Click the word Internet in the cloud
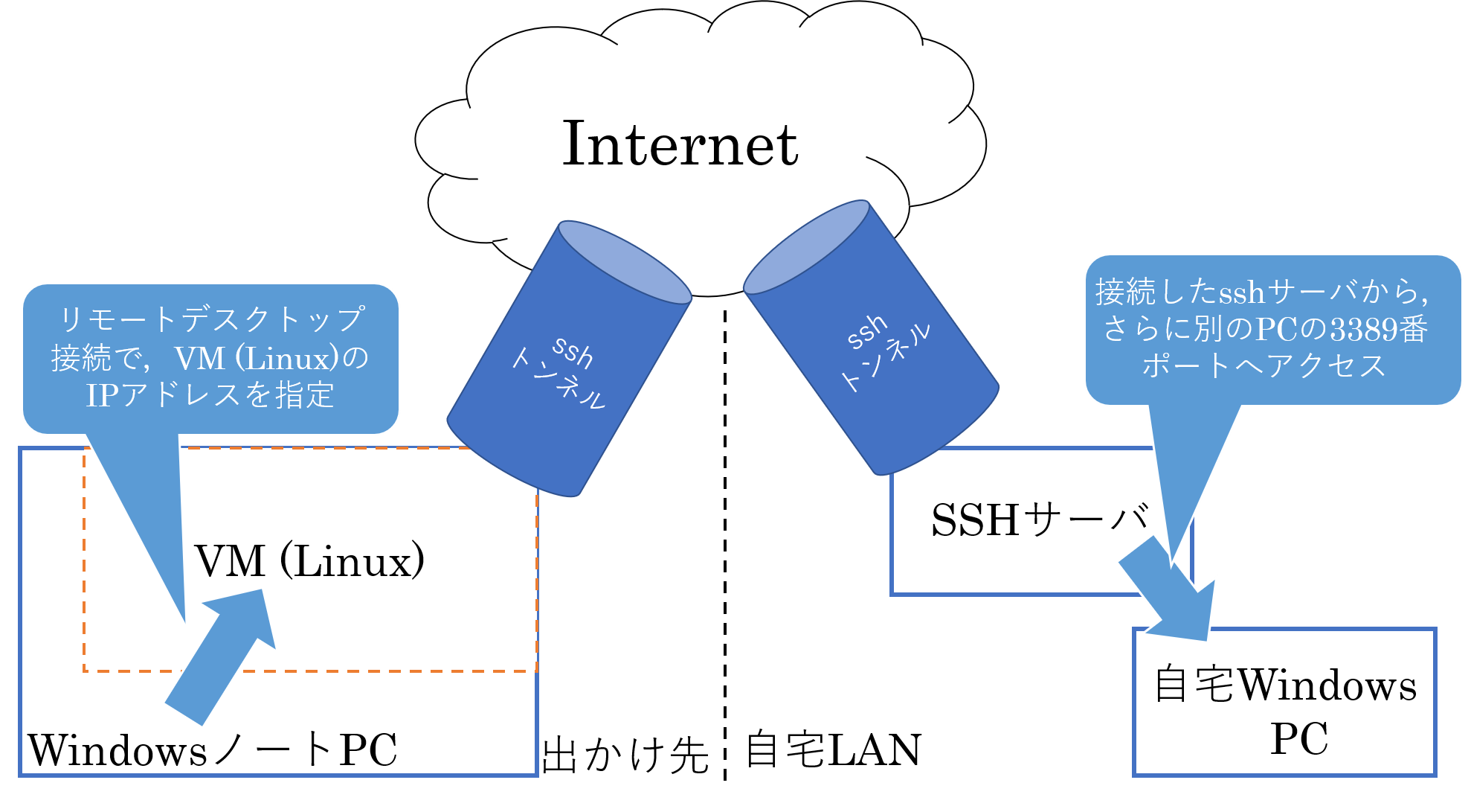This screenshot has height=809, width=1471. [x=680, y=144]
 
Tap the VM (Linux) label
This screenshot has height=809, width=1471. [x=309, y=560]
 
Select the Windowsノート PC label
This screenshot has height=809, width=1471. [x=213, y=749]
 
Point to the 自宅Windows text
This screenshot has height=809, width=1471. [x=1285, y=685]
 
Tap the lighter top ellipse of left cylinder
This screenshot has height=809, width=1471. [x=625, y=262]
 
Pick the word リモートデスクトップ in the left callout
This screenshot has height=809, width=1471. [x=211, y=319]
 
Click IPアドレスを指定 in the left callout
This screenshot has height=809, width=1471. [x=210, y=394]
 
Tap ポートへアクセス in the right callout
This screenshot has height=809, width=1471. [x=1264, y=365]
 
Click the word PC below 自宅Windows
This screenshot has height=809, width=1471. [x=1298, y=739]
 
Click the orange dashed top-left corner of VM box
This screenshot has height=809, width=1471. [x=85, y=450]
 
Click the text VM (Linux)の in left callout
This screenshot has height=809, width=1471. [x=272, y=358]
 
